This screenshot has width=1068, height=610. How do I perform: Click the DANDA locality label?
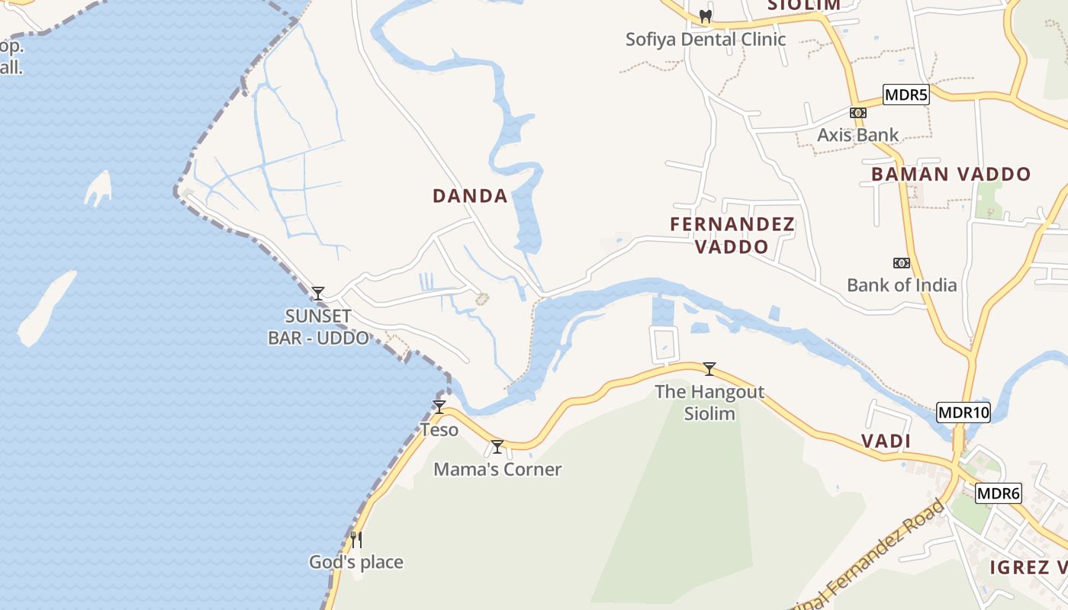click(470, 196)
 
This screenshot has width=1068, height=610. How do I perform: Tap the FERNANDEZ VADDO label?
click(732, 235)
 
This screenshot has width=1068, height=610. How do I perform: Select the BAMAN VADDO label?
click(951, 174)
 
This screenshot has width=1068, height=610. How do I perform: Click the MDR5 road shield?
click(906, 95)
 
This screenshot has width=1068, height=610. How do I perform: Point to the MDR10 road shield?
click(963, 413)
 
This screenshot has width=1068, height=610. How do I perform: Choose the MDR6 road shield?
click(998, 493)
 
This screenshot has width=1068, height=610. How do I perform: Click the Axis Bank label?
click(857, 135)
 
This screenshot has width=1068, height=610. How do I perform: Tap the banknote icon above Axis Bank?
click(858, 113)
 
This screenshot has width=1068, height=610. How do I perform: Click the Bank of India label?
click(902, 285)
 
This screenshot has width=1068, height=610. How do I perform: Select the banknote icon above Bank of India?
click(902, 263)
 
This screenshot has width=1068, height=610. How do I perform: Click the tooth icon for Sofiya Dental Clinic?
click(706, 16)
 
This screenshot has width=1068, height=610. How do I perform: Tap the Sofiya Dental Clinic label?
click(706, 39)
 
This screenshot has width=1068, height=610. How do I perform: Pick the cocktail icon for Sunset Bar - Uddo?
click(318, 294)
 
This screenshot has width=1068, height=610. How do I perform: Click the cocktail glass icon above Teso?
click(439, 407)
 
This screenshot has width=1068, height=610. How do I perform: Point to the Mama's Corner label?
click(497, 469)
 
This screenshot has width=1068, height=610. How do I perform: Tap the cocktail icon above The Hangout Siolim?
click(709, 369)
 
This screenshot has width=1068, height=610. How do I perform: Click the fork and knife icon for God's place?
click(356, 540)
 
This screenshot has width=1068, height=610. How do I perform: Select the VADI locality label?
click(886, 441)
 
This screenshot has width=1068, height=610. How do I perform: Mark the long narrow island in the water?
click(46, 307)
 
